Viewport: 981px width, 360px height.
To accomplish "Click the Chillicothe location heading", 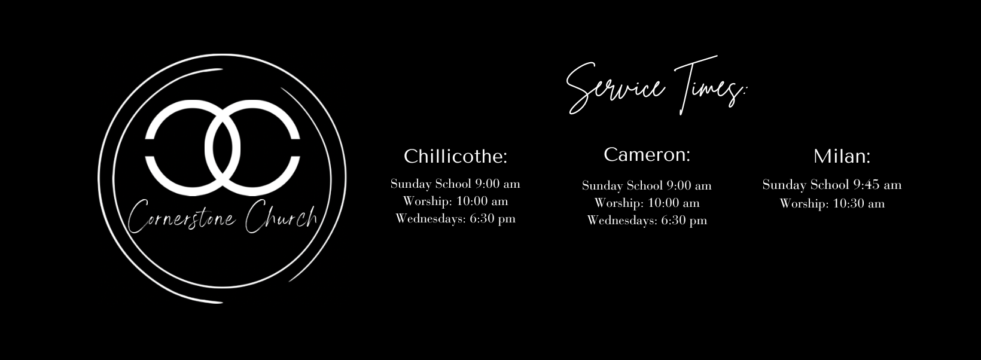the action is pos(455,156).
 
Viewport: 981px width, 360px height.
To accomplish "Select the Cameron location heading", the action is pos(647,154).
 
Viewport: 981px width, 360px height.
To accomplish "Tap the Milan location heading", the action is pos(842,156).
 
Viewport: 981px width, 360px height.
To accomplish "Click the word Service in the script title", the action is pos(616,87).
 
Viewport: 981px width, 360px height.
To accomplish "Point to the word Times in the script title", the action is pos(709,86).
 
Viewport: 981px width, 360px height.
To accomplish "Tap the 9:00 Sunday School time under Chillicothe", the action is pos(487,183).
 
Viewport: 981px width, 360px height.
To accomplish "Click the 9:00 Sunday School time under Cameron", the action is pos(678,185).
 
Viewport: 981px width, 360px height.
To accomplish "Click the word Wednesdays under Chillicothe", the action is pos(431,218).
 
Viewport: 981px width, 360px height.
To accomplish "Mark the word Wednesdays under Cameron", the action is pos(622,220).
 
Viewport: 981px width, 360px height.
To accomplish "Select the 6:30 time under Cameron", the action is pos(673,220).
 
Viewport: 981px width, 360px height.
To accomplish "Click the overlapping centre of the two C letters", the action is pos(223,148).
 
